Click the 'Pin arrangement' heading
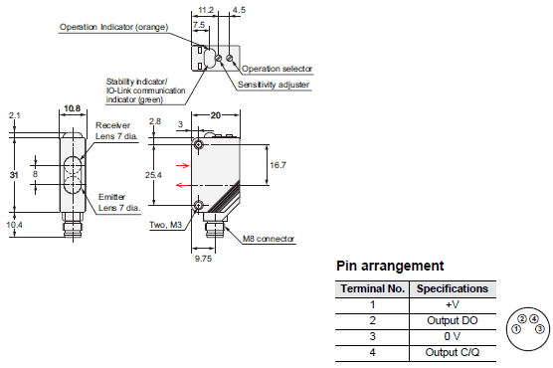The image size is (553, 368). (x=390, y=266)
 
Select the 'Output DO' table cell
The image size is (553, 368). (x=453, y=320)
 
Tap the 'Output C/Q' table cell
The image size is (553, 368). (x=453, y=352)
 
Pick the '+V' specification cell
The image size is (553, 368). (x=453, y=305)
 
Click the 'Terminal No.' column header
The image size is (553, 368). (x=372, y=289)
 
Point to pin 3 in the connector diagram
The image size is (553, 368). (x=540, y=329)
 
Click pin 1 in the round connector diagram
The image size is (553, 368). (x=516, y=329)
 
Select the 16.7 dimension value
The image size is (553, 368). (x=277, y=165)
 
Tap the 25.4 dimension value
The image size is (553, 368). (x=153, y=175)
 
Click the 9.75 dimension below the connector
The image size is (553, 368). (x=203, y=259)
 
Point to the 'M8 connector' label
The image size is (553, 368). (x=269, y=239)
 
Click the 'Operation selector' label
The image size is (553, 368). (x=276, y=69)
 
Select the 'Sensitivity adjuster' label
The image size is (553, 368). (x=274, y=85)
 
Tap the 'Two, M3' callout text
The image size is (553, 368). (x=165, y=225)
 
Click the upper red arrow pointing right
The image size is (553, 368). (x=183, y=165)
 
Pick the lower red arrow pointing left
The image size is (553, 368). (x=183, y=185)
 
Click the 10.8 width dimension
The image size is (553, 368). (x=73, y=108)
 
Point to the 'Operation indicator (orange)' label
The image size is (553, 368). (x=114, y=27)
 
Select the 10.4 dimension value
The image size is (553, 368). (x=15, y=225)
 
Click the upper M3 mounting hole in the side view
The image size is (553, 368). (x=198, y=144)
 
